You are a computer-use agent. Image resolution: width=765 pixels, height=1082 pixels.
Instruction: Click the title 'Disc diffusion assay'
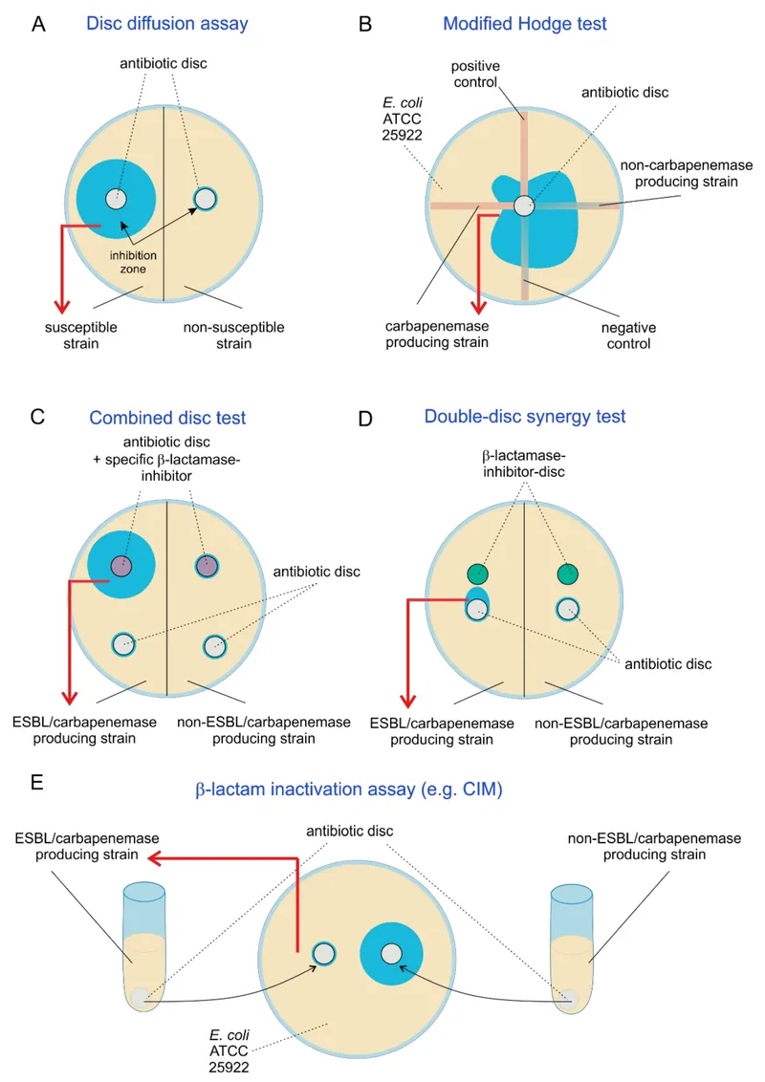[166, 24]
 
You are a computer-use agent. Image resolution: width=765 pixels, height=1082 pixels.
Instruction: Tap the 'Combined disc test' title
[167, 418]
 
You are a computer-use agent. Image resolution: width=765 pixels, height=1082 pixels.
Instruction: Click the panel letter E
[36, 783]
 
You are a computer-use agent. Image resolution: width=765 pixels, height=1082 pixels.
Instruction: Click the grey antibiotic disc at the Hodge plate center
[522, 206]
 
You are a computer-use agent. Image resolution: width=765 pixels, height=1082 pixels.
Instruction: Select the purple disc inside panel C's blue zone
[120, 565]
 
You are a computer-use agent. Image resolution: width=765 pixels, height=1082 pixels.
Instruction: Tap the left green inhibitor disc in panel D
[477, 573]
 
